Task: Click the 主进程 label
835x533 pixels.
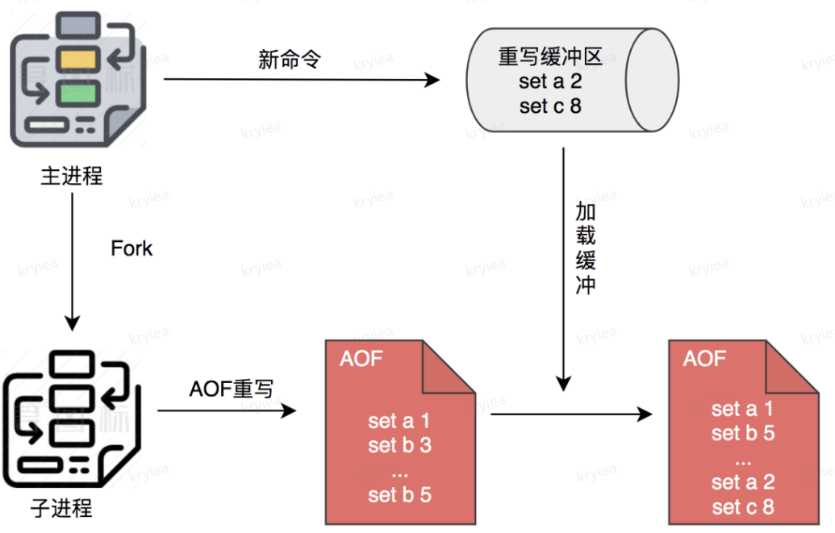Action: tap(72, 176)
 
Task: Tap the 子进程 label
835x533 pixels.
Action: tap(61, 508)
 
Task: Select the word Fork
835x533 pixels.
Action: tap(132, 248)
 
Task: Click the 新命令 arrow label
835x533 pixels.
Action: tap(290, 60)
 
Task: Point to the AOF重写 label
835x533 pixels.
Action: tap(232, 389)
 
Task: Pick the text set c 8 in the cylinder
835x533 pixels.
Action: tap(550, 106)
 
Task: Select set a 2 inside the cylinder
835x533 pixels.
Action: tap(550, 82)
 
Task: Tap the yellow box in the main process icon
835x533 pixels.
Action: tap(78, 58)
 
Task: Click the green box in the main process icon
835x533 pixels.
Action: tap(78, 90)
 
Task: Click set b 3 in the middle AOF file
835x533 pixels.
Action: tap(400, 445)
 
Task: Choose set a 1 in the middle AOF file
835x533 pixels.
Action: tap(400, 421)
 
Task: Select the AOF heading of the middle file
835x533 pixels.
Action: tap(361, 360)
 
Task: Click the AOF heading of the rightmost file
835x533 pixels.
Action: tap(704, 359)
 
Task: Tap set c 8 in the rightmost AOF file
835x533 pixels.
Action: tap(743, 507)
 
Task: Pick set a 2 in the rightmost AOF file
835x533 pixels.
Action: tap(743, 483)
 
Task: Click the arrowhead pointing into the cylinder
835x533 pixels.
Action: tap(433, 80)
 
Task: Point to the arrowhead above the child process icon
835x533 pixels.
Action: tap(73, 323)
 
